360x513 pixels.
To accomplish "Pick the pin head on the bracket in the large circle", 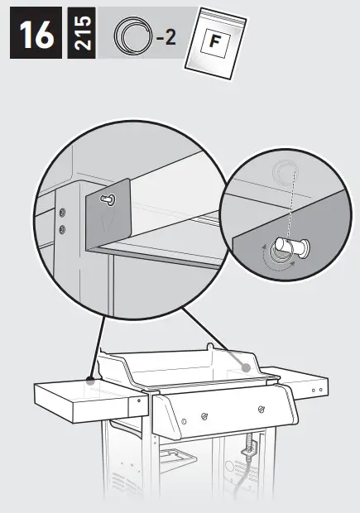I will click(108, 199).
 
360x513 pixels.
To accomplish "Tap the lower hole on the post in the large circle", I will click(63, 225).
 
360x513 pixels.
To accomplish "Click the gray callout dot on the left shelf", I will click(89, 381).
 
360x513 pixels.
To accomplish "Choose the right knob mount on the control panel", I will click(261, 409).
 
